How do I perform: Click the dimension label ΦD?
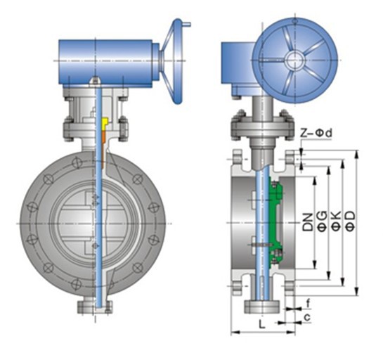pyautogui.click(x=351, y=221)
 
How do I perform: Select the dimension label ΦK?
pyautogui.click(x=336, y=221)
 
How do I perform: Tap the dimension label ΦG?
pyautogui.click(x=322, y=221)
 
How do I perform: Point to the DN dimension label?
pyautogui.click(x=308, y=222)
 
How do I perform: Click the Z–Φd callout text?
pyautogui.click(x=316, y=133)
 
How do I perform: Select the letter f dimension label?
pyautogui.click(x=308, y=304)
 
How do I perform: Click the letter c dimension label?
pyautogui.click(x=307, y=317)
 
